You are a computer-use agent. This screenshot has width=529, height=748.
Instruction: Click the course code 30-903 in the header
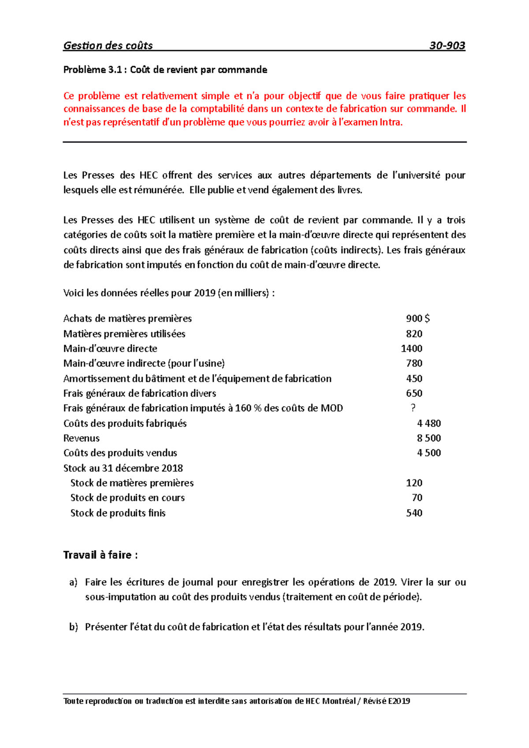(x=447, y=46)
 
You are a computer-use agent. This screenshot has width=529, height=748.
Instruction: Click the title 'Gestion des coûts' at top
(x=108, y=46)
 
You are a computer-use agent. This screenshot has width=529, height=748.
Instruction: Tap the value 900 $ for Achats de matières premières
(x=417, y=318)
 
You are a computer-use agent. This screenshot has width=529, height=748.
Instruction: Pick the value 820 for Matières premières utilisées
(x=414, y=334)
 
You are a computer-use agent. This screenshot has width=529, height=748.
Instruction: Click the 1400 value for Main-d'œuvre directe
(x=411, y=348)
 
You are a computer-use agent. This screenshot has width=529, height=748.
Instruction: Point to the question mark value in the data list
(x=413, y=408)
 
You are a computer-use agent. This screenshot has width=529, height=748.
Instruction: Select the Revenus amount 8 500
(x=428, y=438)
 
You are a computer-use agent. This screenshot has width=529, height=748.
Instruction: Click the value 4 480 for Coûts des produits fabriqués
(x=428, y=423)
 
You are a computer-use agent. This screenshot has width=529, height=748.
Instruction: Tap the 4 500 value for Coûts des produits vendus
(x=428, y=453)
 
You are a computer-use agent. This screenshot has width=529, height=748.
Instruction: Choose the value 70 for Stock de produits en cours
(x=417, y=498)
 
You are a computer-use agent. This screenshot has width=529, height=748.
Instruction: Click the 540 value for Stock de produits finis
(x=414, y=513)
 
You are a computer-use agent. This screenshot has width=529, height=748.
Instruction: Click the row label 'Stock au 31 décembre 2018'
(x=123, y=468)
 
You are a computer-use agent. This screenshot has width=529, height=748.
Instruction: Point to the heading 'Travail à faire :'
(x=101, y=555)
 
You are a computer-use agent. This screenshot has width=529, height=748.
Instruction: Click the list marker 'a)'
(x=73, y=582)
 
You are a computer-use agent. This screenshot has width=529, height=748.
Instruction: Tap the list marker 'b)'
(x=73, y=627)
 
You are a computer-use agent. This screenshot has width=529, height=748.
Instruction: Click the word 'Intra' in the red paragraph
(x=390, y=122)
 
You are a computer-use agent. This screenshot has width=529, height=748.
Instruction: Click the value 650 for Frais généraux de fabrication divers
(x=414, y=393)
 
